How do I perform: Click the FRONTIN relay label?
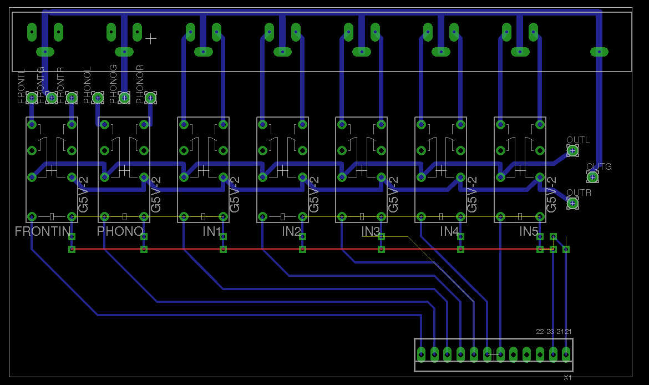click(x=43, y=231)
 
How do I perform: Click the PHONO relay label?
click(x=120, y=231)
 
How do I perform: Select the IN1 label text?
click(x=212, y=231)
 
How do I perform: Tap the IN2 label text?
click(x=291, y=231)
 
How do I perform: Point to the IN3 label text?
click(x=371, y=231)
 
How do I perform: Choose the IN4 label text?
click(x=450, y=231)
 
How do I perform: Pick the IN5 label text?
click(x=529, y=231)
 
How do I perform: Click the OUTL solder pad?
click(x=572, y=150)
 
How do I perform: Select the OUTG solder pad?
click(x=592, y=177)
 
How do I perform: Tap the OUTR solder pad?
click(x=572, y=204)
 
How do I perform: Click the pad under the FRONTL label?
click(x=32, y=98)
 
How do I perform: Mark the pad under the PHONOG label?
click(x=124, y=98)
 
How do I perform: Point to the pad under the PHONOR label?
click(x=150, y=98)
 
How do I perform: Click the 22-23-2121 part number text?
click(x=554, y=332)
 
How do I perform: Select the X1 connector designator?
click(x=567, y=377)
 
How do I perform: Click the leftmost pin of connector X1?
click(x=421, y=353)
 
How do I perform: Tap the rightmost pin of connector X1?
click(x=566, y=353)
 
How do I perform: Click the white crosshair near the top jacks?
click(x=151, y=38)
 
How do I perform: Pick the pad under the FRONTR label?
click(x=71, y=98)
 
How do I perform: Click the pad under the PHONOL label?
click(x=98, y=98)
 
